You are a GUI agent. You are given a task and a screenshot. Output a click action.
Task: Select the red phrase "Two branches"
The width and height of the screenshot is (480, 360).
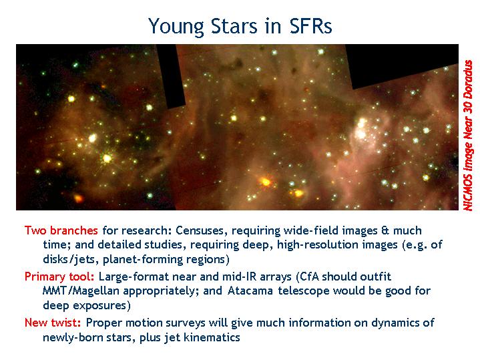(x=61, y=230)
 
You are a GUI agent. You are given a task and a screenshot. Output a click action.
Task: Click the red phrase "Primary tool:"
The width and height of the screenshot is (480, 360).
(x=59, y=277)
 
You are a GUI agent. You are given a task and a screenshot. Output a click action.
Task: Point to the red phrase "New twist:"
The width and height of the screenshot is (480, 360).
(x=53, y=323)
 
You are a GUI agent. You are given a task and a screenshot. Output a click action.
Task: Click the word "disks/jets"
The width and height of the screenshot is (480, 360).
(x=69, y=260)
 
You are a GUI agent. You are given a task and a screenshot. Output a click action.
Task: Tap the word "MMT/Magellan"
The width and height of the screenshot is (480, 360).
(x=81, y=291)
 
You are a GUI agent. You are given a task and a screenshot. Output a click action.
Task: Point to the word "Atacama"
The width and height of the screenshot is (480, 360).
(x=250, y=291)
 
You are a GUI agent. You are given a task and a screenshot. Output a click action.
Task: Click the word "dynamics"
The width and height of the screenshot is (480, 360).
(x=397, y=323)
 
